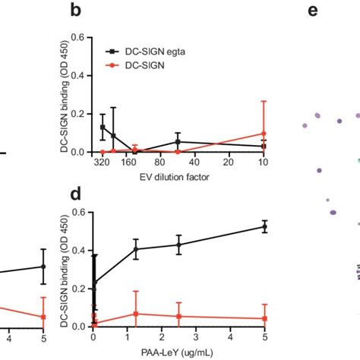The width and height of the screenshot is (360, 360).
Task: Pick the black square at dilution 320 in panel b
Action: pos(103,127)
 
